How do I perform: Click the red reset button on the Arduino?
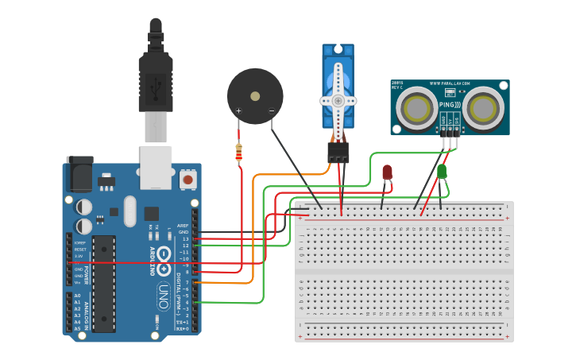pyautogui.click(x=188, y=180)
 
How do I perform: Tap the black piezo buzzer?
pyautogui.click(x=254, y=95)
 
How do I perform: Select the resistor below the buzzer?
pyautogui.click(x=239, y=151)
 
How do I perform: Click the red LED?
pyautogui.click(x=387, y=172)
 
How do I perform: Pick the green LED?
pyautogui.click(x=442, y=171)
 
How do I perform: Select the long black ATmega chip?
pyautogui.click(x=103, y=283)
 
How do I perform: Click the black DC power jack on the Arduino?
pyautogui.click(x=79, y=173)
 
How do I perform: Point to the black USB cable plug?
pyautogui.click(x=155, y=79)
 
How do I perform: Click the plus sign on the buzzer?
pyautogui.click(x=238, y=110)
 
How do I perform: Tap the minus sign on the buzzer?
pyautogui.click(x=271, y=110)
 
